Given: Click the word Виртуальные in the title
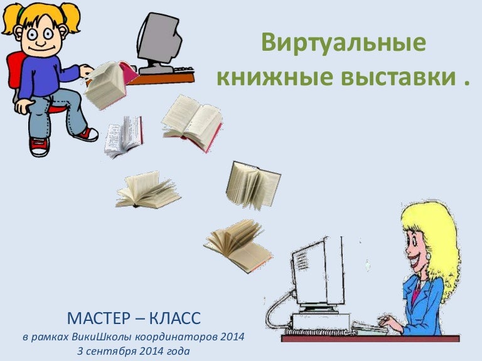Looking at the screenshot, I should tap(343, 44).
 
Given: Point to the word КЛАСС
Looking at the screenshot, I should tap(169, 318).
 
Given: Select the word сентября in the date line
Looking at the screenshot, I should tap(117, 351).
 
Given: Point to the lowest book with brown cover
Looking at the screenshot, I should tap(239, 245).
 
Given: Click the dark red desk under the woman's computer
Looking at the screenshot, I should tap(370, 338).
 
